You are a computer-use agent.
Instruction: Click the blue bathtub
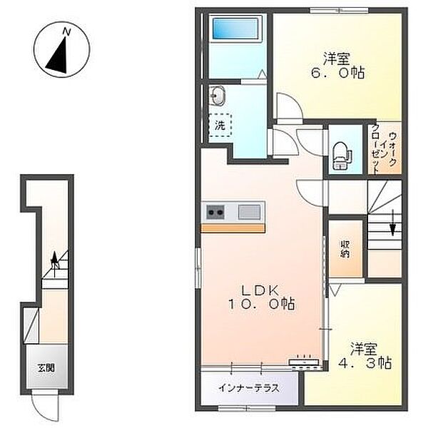pyautogui.click(x=235, y=29)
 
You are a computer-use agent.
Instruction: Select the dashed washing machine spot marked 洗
pyautogui.click(x=220, y=125)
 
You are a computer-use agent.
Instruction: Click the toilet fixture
pyautogui.click(x=340, y=156)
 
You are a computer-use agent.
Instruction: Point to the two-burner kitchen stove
pyautogui.click(x=215, y=212)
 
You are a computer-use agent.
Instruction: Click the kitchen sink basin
pyautogui.click(x=249, y=212)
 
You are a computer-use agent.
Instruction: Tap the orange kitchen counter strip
pyautogui.click(x=233, y=228)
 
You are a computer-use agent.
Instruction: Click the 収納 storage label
pyautogui.click(x=345, y=249)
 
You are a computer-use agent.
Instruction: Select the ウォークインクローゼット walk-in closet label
pyautogui.click(x=384, y=150)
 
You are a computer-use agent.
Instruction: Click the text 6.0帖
pyautogui.click(x=338, y=73)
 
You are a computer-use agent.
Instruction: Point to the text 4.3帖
pyautogui.click(x=365, y=363)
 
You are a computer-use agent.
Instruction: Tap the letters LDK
pyautogui.click(x=260, y=290)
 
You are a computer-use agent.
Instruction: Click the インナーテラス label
pyautogui.click(x=249, y=388)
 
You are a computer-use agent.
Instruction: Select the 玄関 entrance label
pyautogui.click(x=46, y=368)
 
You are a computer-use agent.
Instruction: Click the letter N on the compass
pyautogui.click(x=66, y=31)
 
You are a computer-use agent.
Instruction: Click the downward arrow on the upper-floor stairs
pyautogui.click(x=392, y=222)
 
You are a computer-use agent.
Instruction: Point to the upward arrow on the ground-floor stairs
pyautogui.click(x=55, y=264)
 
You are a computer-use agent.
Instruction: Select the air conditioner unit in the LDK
pyautogui.click(x=305, y=362)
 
